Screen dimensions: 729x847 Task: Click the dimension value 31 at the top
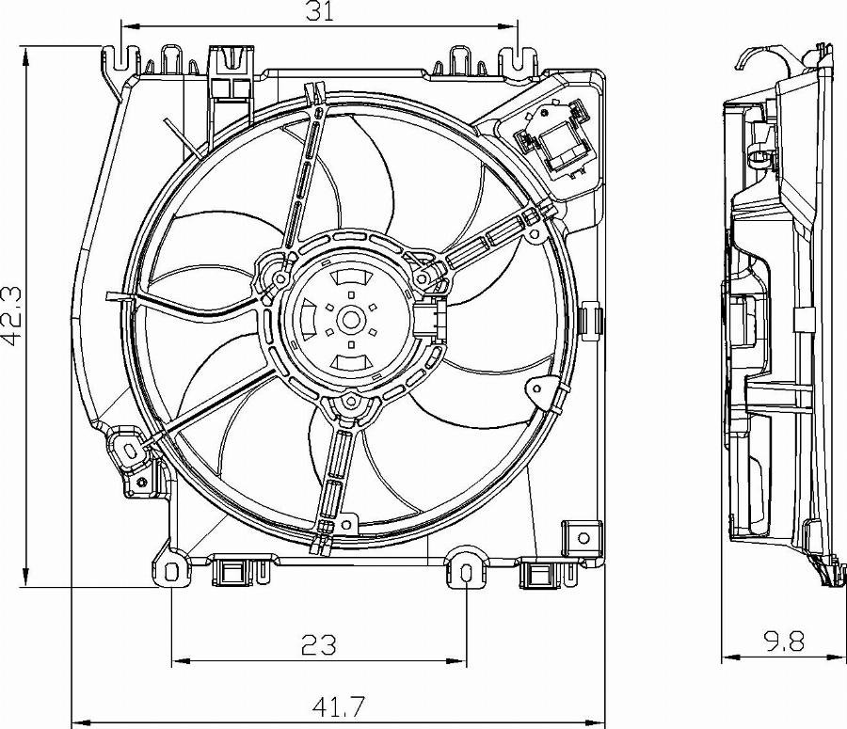321,11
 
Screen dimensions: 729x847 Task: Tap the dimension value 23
318,644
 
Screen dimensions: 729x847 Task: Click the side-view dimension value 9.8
783,642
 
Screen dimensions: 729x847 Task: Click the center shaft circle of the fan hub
352,320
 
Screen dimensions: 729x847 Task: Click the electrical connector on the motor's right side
432,318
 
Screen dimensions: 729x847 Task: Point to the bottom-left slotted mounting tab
170,572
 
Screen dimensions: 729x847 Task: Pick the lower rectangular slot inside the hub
350,362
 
